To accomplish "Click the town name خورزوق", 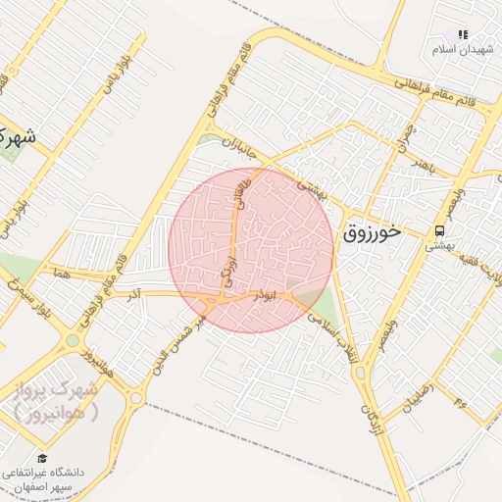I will tap(373, 232).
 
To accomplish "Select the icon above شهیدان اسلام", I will tap(462, 34).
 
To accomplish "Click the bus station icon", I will tap(440, 232).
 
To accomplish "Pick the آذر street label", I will tap(136, 292).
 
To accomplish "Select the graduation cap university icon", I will tap(42, 458).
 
